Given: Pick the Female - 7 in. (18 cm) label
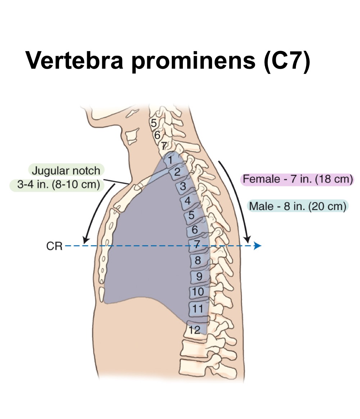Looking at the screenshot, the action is pyautogui.click(x=297, y=179).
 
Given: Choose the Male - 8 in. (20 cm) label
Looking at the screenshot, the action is pyautogui.click(x=297, y=206).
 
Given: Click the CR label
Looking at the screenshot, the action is pyautogui.click(x=54, y=246).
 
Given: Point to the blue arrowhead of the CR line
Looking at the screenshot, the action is pyautogui.click(x=257, y=246).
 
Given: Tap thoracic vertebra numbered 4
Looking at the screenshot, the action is pyautogui.click(x=187, y=201).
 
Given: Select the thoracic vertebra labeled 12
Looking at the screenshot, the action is pyautogui.click(x=195, y=329).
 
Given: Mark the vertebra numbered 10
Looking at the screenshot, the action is pyautogui.click(x=198, y=292).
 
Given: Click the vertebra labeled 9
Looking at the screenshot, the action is pyautogui.click(x=198, y=276).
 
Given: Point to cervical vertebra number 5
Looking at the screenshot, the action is pyautogui.click(x=154, y=123).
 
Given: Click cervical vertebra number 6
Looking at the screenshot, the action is pyautogui.click(x=157, y=135).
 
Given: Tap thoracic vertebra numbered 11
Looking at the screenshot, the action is pyautogui.click(x=198, y=308).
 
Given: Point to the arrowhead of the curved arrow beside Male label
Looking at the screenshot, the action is pyautogui.click(x=247, y=239).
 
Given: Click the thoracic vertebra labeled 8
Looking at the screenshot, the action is pyautogui.click(x=198, y=260).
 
